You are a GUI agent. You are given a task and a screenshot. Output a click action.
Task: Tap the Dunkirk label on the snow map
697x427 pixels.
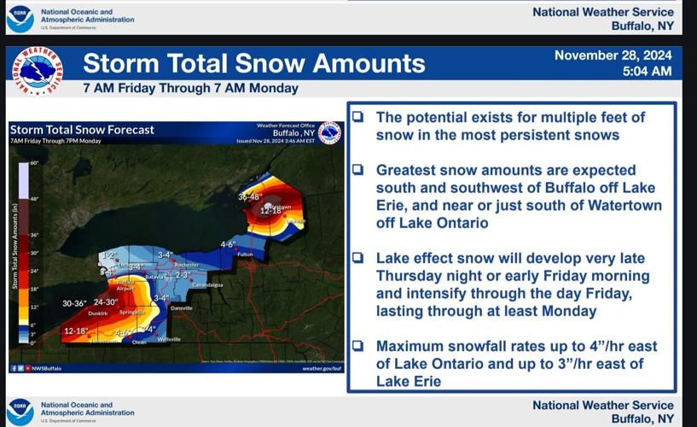tap(97, 313)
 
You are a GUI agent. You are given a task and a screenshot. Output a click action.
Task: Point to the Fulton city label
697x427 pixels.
tap(246, 254)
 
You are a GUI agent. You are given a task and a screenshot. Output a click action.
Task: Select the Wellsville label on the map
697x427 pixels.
tap(170, 339)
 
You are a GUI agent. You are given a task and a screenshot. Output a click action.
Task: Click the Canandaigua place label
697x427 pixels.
tap(207, 284)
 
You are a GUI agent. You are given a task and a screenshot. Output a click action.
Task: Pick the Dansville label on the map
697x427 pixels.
tap(181, 307)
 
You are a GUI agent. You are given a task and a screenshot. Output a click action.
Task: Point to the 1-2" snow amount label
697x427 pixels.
tap(108, 255)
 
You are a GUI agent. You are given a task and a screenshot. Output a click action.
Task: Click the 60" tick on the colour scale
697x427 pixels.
tap(35, 162)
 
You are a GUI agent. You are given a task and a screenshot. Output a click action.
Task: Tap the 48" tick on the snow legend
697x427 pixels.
tap(35, 199)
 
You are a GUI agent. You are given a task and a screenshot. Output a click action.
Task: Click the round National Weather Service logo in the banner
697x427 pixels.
tap(37, 71)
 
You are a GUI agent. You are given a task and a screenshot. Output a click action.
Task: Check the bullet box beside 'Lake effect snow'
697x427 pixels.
tap(358, 259)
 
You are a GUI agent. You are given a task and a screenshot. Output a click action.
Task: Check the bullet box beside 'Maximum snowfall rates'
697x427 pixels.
tap(358, 347)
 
